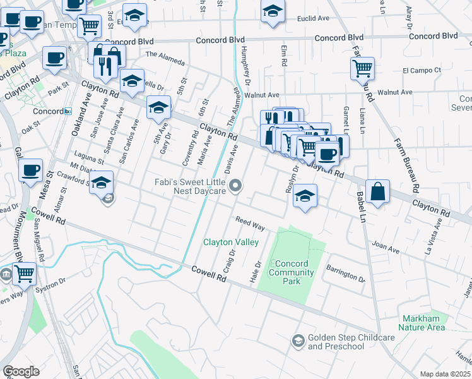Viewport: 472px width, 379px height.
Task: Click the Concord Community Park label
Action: tap(291, 272)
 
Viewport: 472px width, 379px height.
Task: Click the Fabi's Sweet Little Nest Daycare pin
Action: tap(236, 185)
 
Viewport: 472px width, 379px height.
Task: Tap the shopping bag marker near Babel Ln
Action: tap(377, 192)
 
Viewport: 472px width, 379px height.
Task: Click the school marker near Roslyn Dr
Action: tap(305, 196)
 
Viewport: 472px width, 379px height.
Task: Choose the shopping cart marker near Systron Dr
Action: tap(24, 274)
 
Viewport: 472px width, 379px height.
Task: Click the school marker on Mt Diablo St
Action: tap(101, 183)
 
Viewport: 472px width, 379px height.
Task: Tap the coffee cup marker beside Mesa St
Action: tap(31, 171)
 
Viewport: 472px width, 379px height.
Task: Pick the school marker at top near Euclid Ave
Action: tap(273, 11)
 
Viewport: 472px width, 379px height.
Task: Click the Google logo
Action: tap(20, 371)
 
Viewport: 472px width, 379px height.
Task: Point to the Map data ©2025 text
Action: tap(445, 374)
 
